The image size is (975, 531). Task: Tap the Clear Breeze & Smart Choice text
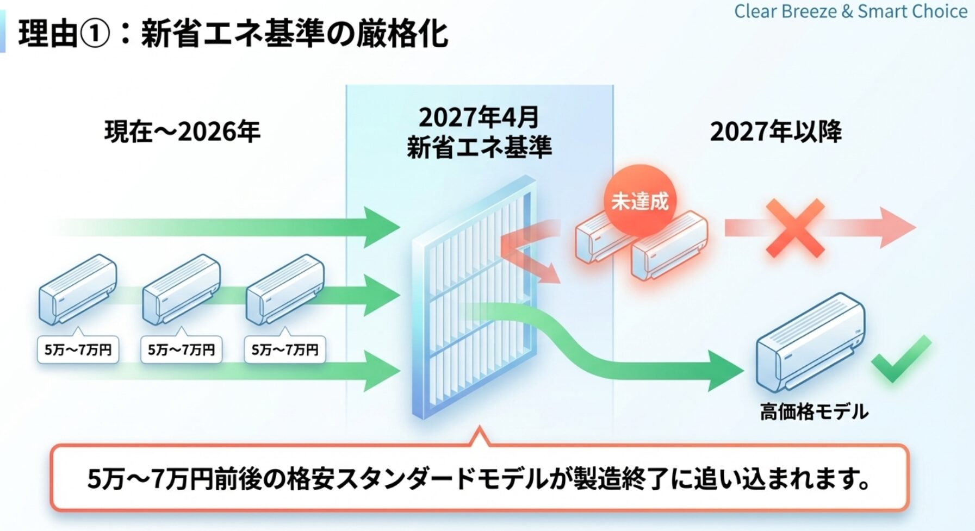click(x=850, y=11)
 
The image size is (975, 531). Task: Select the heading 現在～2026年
click(x=182, y=132)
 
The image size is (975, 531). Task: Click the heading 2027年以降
click(x=776, y=132)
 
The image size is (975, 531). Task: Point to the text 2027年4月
click(x=479, y=117)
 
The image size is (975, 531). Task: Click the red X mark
click(x=795, y=228)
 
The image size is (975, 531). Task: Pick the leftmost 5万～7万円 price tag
click(x=78, y=349)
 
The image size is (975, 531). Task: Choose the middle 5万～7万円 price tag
click(x=182, y=349)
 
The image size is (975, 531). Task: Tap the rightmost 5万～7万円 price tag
click(x=285, y=349)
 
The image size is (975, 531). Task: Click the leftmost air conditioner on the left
click(x=77, y=288)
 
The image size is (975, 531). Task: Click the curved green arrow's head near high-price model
click(x=726, y=371)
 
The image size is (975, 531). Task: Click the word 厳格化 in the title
click(x=402, y=34)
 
